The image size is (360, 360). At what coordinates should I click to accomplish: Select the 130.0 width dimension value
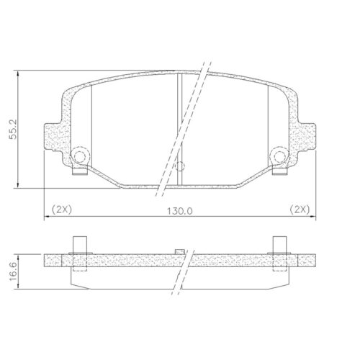(180, 210)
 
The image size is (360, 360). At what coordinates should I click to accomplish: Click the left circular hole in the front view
(80, 156)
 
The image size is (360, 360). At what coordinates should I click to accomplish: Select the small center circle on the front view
(180, 166)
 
